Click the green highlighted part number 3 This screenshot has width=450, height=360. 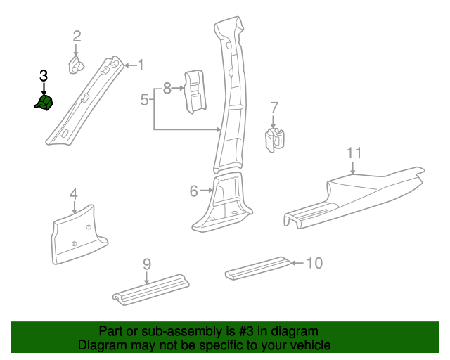(44, 104)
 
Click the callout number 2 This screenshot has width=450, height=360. (77, 36)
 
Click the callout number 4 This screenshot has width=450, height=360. (73, 194)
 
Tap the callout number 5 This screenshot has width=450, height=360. (144, 99)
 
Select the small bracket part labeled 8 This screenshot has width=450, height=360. (193, 91)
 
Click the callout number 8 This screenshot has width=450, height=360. (167, 89)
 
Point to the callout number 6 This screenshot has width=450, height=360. (194, 191)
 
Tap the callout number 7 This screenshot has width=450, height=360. (274, 108)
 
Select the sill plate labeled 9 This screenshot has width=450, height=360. (150, 289)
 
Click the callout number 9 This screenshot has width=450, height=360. (147, 264)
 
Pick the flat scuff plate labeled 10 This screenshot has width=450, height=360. (257, 268)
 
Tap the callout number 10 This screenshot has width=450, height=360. (314, 263)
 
